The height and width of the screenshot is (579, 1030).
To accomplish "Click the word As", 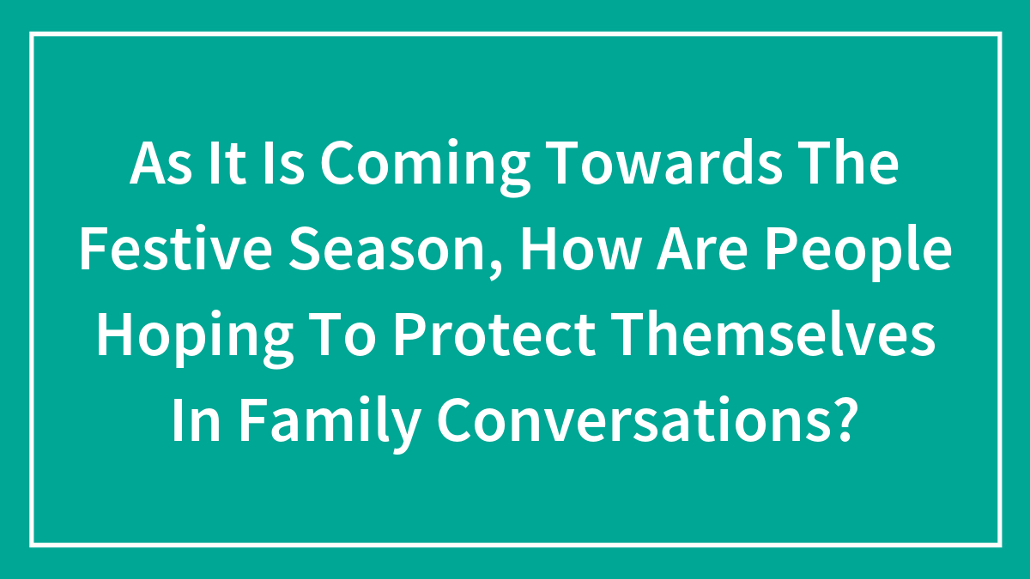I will point(159,166).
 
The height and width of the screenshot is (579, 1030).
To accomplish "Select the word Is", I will point(282,166).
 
